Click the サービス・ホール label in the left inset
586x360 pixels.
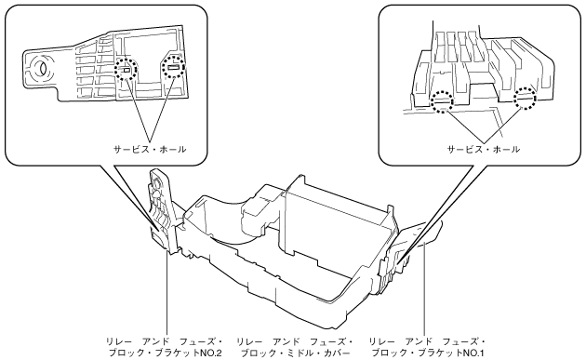click(x=150, y=150)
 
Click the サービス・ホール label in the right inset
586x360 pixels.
click(x=484, y=150)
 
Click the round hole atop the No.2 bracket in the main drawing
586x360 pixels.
click(x=157, y=182)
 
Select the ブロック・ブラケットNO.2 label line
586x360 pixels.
click(x=166, y=353)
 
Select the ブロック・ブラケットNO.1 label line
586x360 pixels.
click(x=428, y=353)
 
